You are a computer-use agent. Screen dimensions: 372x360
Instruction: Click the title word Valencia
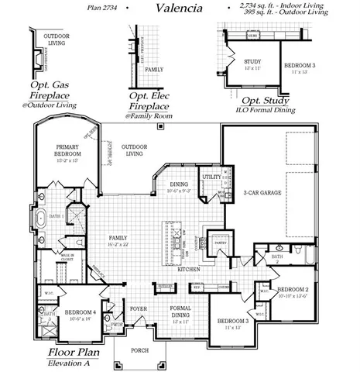coord(180,9)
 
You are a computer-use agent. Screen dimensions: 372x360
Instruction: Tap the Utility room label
coord(211,177)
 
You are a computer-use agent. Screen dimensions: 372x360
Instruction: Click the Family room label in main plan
coord(118,238)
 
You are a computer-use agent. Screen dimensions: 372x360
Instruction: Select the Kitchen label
coord(189,269)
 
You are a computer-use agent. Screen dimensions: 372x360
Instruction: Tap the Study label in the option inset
coord(252,62)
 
